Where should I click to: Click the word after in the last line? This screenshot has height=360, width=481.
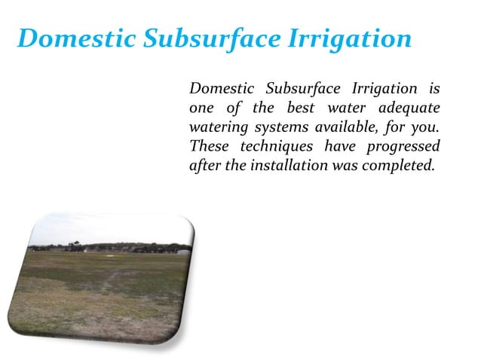[204, 166]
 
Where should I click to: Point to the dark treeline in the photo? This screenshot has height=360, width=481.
[113, 248]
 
